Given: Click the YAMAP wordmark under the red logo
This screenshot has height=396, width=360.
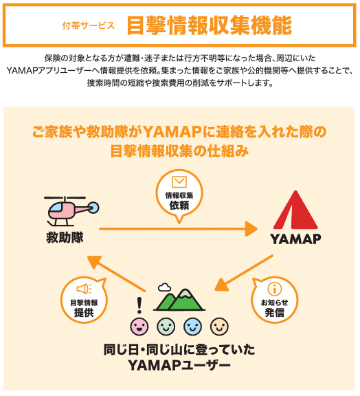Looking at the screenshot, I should (295, 239).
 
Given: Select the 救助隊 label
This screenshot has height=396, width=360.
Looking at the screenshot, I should (65, 238).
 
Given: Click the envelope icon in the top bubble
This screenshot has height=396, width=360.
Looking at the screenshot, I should (179, 182).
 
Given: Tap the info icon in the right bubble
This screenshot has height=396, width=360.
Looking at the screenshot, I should (275, 288).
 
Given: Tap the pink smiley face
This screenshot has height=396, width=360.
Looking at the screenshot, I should (139, 325).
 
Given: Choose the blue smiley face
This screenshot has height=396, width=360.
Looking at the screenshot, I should (193, 325).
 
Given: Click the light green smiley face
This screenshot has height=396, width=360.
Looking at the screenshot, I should (166, 325).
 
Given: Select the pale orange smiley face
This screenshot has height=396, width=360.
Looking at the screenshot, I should (219, 325).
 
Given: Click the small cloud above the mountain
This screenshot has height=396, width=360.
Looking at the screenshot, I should (164, 287).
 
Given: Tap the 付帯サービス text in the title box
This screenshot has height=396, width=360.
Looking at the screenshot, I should (88, 25).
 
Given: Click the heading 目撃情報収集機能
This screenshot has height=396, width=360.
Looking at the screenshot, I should (209, 25).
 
